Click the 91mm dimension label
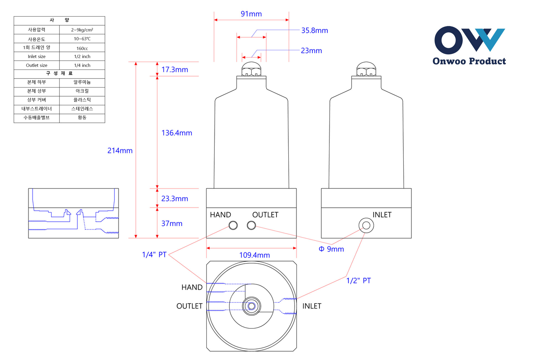[x=251, y=14]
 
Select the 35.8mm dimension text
[x=314, y=30]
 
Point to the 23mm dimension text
[x=311, y=51]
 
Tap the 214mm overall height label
[x=120, y=151]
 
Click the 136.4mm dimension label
[x=177, y=133]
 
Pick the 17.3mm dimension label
[x=174, y=70]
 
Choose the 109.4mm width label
[x=254, y=255]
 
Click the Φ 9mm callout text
[x=331, y=249]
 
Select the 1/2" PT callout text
[x=358, y=281]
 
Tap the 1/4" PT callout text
[x=154, y=254]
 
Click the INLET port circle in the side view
[x=366, y=225]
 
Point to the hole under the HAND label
[x=233, y=225]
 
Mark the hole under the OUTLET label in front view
[x=251, y=225]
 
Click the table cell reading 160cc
[x=82, y=48]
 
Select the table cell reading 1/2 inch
[x=82, y=56]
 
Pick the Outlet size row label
[x=37, y=65]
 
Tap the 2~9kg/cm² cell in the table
[x=82, y=30]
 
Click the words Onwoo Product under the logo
[x=469, y=61]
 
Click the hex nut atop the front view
[x=251, y=69]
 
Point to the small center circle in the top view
[x=251, y=306]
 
